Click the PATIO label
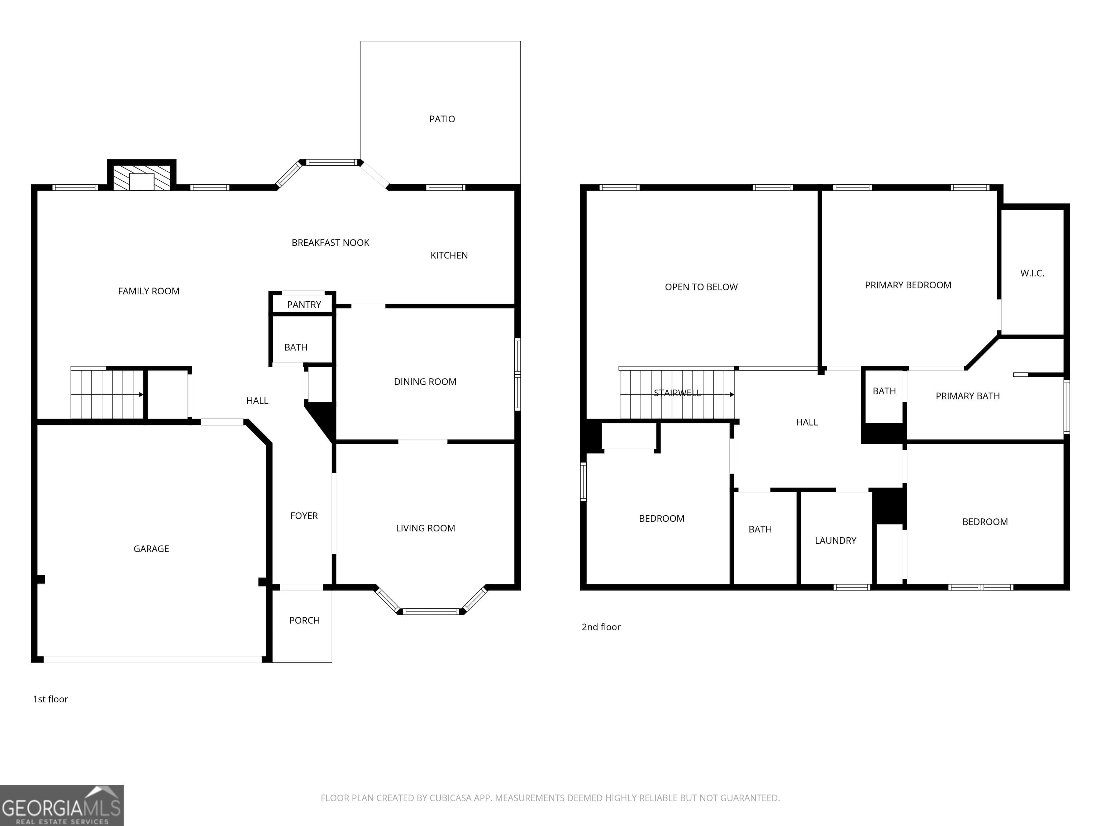coord(442,119)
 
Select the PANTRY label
coord(304,305)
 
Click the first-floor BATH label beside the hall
coord(296,347)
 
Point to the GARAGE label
coord(151,549)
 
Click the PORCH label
coord(304,620)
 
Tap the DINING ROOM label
coord(425,382)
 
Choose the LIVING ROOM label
coord(425,528)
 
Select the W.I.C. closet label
coord(1032,273)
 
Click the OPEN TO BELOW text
coord(701,287)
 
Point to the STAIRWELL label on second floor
coord(677,393)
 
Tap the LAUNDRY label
coord(835,541)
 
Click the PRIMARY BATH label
coord(967,396)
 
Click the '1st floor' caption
coord(50,699)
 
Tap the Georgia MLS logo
coord(61,805)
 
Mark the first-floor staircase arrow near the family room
coord(141,395)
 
